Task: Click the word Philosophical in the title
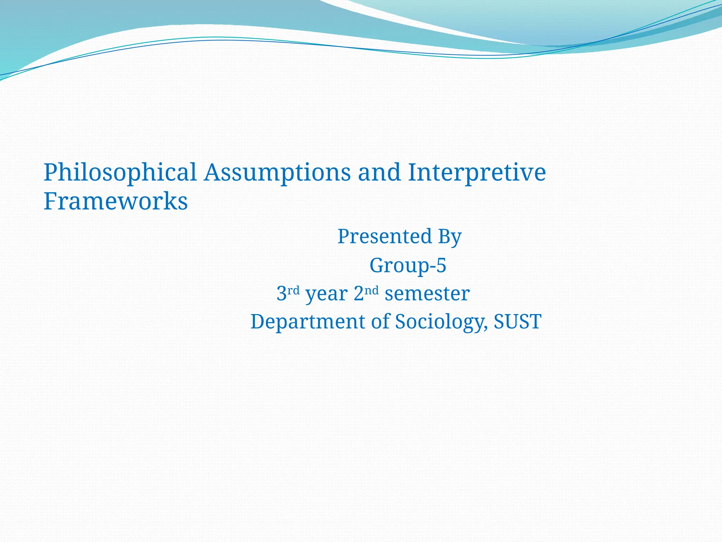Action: pyautogui.click(x=120, y=173)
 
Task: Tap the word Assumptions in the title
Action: pyautogui.click(x=277, y=173)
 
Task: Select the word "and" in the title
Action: pyautogui.click(x=379, y=172)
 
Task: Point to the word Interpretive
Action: pyautogui.click(x=477, y=173)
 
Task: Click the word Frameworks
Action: pyautogui.click(x=116, y=201)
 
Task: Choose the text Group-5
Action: pyautogui.click(x=408, y=265)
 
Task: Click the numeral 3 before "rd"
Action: pyautogui.click(x=281, y=294)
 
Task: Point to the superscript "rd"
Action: pyautogui.click(x=293, y=290)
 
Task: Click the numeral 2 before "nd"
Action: pyautogui.click(x=359, y=294)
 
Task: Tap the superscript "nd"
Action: pyautogui.click(x=372, y=290)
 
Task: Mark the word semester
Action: pyautogui.click(x=427, y=294)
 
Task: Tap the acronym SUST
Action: pyautogui.click(x=517, y=321)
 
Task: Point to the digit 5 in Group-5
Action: pyautogui.click(x=441, y=265)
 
